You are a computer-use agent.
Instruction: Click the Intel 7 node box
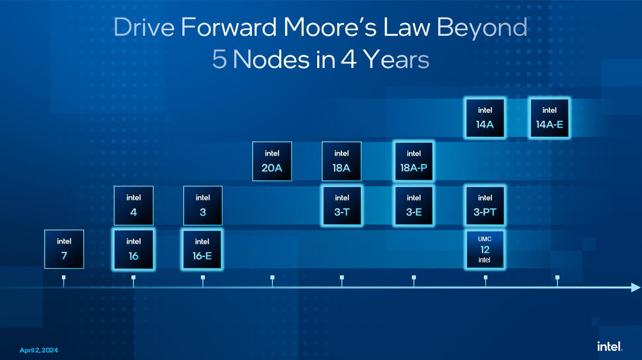click(x=64, y=249)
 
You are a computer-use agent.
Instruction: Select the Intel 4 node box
click(x=133, y=205)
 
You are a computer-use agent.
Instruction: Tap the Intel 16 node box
click(x=133, y=249)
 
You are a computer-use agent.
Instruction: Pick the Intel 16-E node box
click(x=202, y=249)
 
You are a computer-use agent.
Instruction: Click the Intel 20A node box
click(x=272, y=161)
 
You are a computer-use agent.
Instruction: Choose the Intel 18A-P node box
click(x=413, y=161)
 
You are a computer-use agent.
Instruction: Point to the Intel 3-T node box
click(x=342, y=205)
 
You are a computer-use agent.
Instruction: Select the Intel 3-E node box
click(x=413, y=205)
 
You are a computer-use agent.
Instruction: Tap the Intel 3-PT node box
click(x=485, y=205)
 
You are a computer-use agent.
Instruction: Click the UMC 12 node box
click(x=485, y=249)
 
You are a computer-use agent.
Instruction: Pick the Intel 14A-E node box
click(x=549, y=118)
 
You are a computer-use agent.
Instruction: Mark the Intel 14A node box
click(x=485, y=118)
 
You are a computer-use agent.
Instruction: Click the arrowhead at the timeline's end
click(x=635, y=287)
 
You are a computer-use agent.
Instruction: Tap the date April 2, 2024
click(x=39, y=350)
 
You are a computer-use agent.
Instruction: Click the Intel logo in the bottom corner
click(x=610, y=346)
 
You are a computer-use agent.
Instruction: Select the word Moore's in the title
click(x=330, y=27)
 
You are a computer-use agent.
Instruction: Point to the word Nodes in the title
click(x=271, y=59)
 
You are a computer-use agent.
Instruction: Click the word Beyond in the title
click(x=482, y=28)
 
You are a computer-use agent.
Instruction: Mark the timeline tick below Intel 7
click(x=63, y=281)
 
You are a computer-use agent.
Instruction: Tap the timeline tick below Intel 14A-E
click(x=557, y=281)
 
